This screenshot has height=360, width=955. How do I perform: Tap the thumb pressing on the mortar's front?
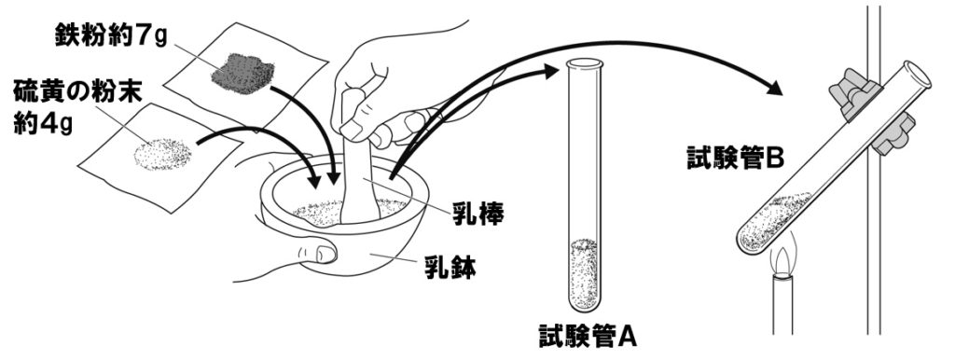point(322,251)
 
